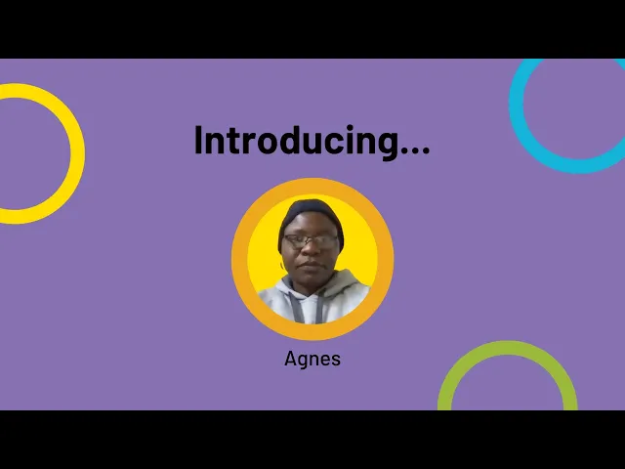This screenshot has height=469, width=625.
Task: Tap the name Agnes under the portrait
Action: pos(312,359)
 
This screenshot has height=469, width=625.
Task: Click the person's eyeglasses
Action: pos(312,240)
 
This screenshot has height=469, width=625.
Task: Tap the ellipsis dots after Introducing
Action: pos(415,150)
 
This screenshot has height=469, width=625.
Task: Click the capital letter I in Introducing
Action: pos(198,141)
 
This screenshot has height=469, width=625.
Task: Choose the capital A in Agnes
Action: pos(290,359)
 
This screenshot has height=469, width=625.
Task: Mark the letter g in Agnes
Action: pos(302,361)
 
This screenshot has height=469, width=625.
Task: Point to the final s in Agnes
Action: pos(336,360)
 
